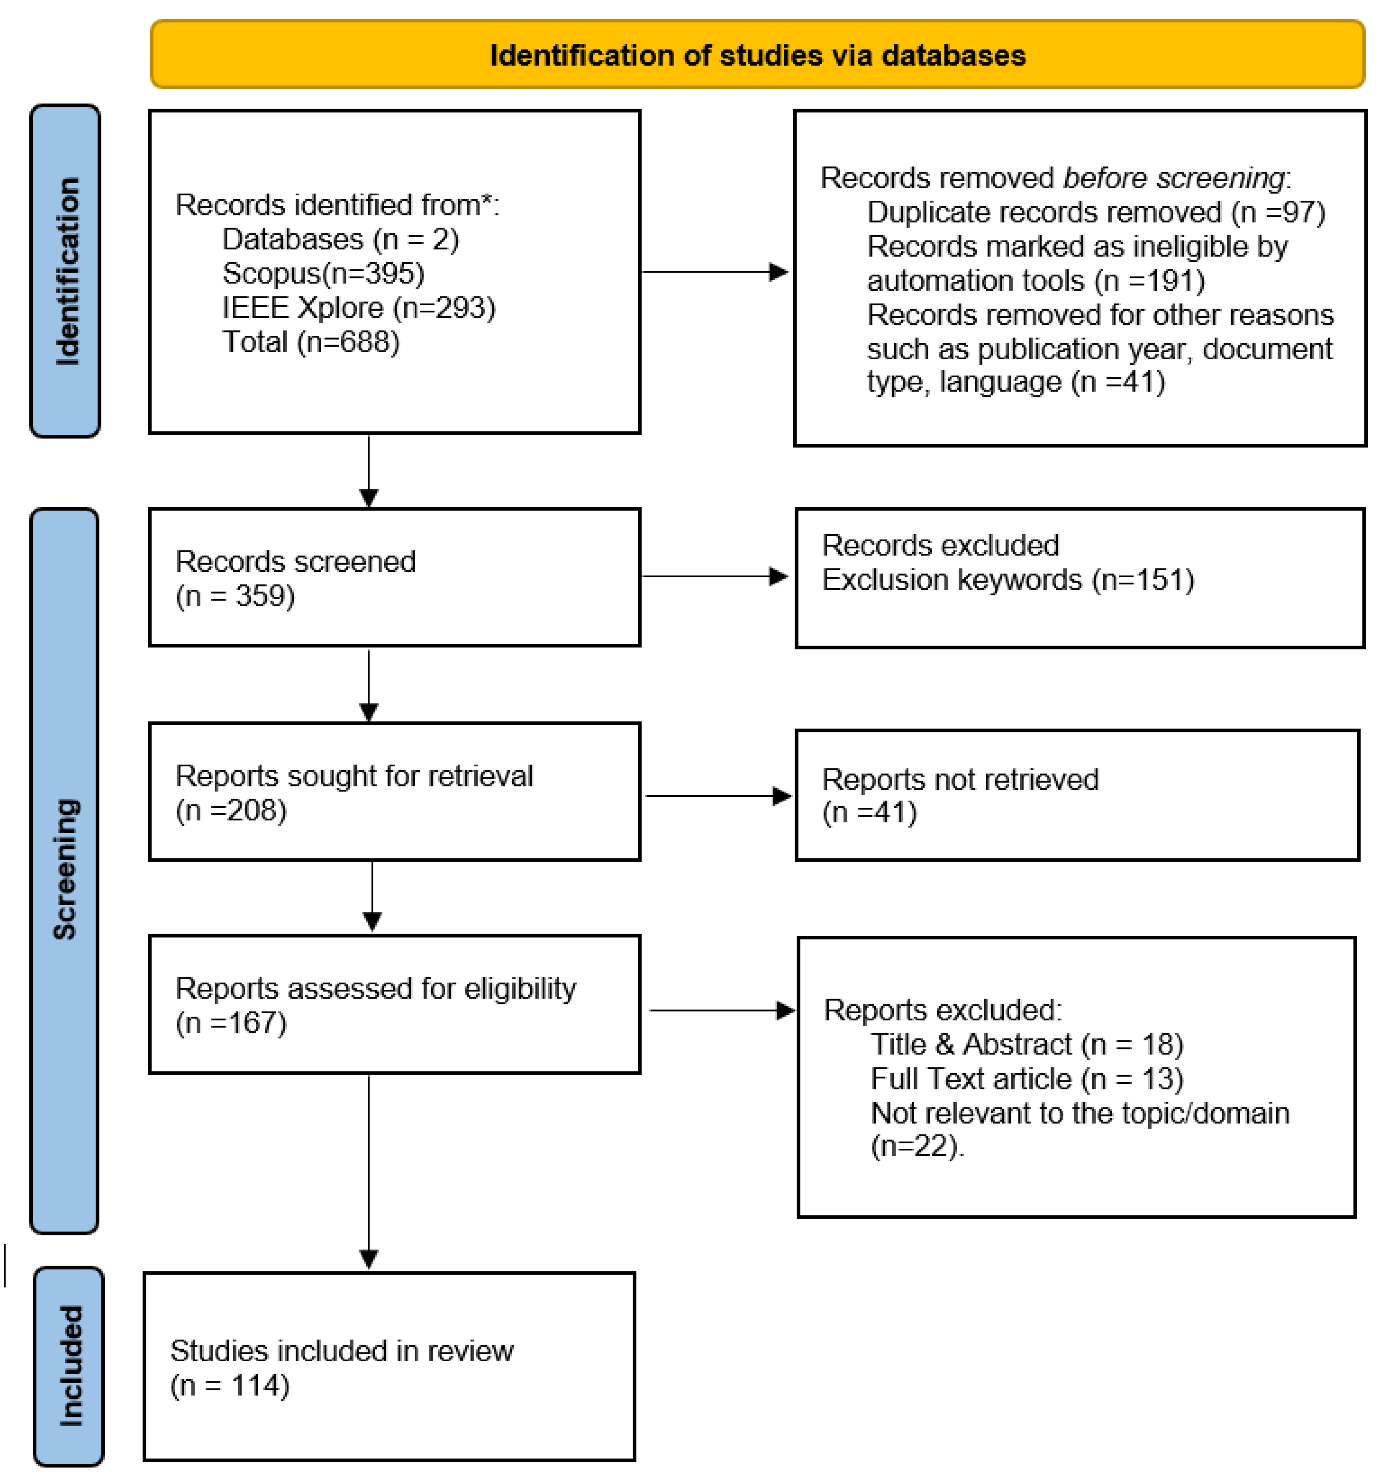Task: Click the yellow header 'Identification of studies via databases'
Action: (757, 55)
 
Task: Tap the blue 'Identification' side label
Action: (65, 271)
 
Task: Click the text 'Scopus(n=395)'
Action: (322, 273)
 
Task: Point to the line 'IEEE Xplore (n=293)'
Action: (359, 308)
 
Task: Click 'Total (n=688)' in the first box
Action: (311, 342)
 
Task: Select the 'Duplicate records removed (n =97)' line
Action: (1095, 213)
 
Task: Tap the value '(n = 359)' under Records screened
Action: (235, 596)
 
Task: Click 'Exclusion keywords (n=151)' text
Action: (1008, 580)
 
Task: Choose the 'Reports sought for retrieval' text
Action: (354, 776)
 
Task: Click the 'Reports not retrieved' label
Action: (960, 779)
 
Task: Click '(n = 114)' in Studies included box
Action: (229, 1385)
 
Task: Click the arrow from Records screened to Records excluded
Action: (714, 576)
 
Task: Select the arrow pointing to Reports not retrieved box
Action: (717, 796)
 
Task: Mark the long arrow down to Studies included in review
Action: (369, 1170)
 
